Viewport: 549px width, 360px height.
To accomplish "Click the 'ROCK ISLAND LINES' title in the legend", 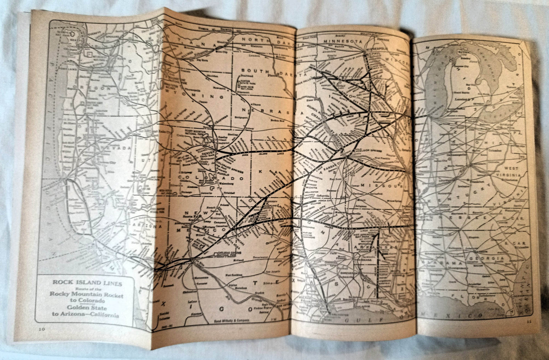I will (87, 283).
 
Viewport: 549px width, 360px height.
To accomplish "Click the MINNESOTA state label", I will (342, 41).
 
